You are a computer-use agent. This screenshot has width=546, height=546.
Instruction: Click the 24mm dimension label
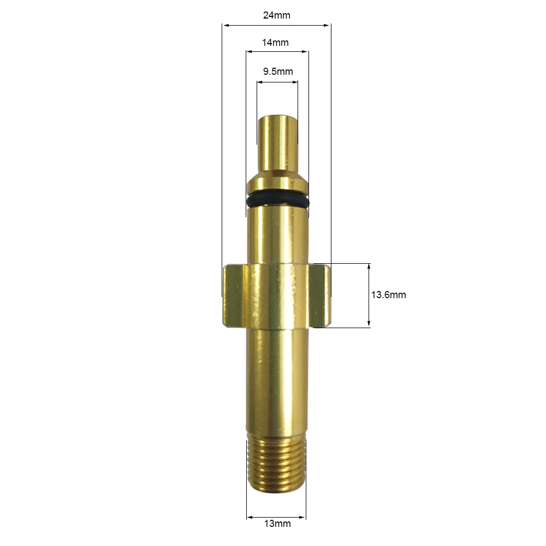[276, 15]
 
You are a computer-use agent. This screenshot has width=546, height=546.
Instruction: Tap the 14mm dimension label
[275, 43]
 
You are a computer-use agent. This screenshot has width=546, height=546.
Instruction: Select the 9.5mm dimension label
[278, 72]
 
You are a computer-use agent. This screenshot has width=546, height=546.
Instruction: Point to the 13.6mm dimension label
[388, 295]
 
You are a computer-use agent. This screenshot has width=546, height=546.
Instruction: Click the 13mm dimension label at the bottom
[277, 524]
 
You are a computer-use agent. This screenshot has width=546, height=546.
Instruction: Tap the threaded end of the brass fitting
[277, 465]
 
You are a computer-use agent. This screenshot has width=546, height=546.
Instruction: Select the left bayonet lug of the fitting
[235, 296]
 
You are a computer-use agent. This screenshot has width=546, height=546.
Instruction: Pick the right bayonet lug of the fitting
[319, 295]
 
